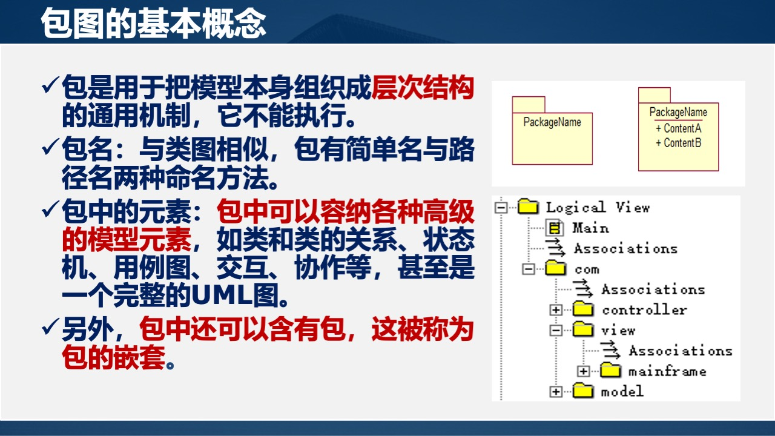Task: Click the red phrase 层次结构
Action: (x=422, y=89)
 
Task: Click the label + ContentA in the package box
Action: (x=678, y=128)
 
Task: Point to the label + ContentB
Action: (x=678, y=143)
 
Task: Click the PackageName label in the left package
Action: (x=552, y=122)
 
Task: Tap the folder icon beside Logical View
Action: (x=528, y=207)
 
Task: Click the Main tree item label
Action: (x=590, y=228)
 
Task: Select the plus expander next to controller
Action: (x=556, y=310)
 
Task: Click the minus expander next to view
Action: (x=556, y=331)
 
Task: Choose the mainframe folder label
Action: (x=667, y=371)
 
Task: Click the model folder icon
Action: (x=583, y=391)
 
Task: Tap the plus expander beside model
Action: (x=556, y=392)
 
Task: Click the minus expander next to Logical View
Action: (x=501, y=208)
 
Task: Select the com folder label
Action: (x=586, y=269)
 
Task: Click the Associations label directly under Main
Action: (x=625, y=248)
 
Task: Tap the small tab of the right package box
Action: (x=654, y=95)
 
